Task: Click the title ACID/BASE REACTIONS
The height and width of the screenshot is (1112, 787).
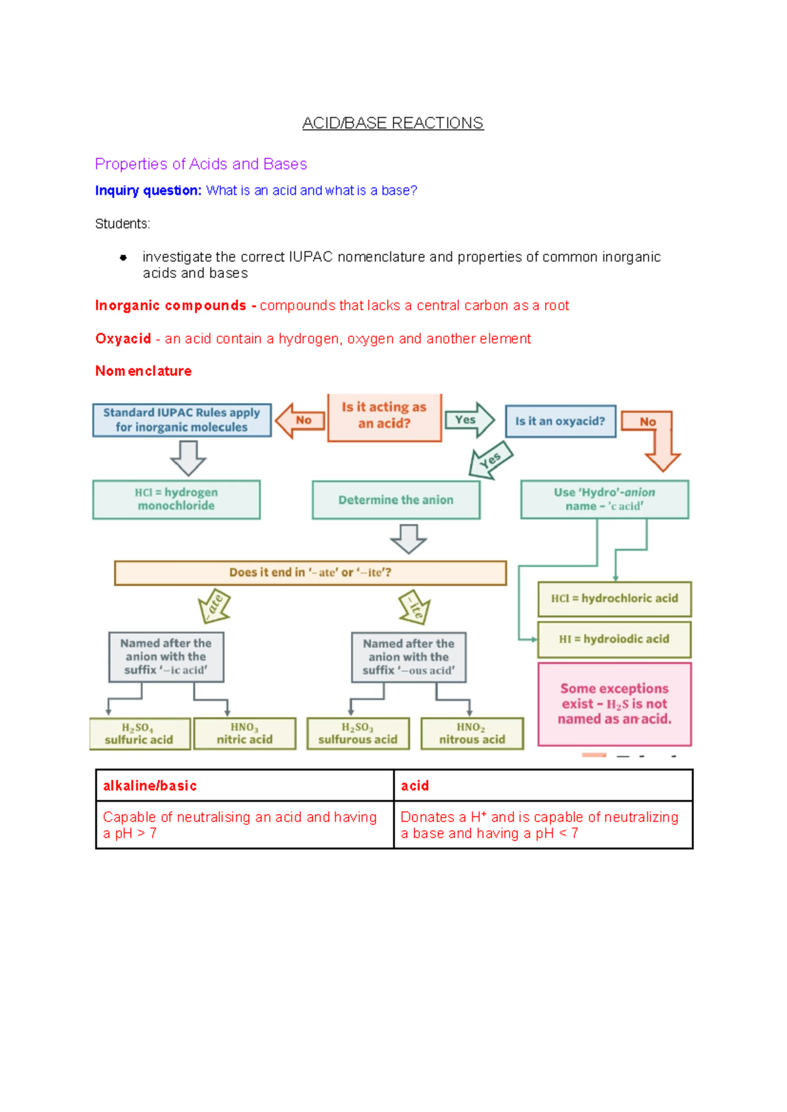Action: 393,123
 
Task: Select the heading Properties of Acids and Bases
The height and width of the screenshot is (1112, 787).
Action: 201,164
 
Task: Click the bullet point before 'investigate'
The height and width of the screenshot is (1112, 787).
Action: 123,258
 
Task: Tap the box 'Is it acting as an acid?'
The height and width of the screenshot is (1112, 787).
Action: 384,416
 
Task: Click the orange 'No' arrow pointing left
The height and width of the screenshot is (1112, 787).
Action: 300,420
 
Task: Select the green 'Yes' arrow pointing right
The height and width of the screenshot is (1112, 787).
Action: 469,420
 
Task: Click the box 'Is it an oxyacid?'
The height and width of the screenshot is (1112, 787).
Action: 560,421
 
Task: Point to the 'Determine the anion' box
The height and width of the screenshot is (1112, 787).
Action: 395,500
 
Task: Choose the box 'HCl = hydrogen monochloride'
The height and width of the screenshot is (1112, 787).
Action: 176,499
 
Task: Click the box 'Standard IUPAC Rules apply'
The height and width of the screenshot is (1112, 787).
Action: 182,420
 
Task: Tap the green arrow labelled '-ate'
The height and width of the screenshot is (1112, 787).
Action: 214,605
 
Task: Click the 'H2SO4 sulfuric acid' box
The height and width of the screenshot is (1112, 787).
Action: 140,734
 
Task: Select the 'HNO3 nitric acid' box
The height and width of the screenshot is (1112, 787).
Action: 245,734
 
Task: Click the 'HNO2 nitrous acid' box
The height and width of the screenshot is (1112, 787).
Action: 472,734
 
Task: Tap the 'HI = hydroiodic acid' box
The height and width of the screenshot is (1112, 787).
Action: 615,639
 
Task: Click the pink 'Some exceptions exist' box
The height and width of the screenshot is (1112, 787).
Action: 615,704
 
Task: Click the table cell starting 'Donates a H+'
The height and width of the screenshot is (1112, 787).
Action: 542,825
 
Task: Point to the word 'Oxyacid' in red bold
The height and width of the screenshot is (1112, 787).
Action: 123,339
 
